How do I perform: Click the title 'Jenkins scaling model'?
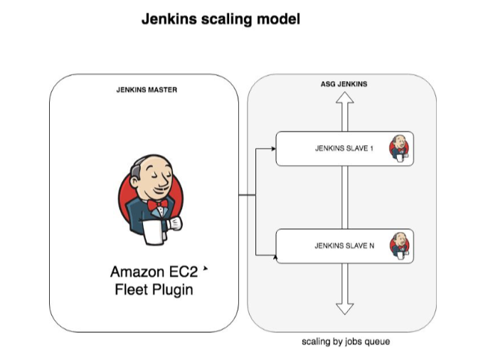[221, 19]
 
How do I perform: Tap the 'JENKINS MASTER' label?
[147, 90]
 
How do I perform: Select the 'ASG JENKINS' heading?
[344, 84]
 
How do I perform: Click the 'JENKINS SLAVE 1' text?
[344, 149]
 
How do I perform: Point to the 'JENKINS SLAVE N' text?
[344, 246]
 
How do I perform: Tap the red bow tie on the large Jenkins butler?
[159, 205]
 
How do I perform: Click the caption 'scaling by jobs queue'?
[346, 342]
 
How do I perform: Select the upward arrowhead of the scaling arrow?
[345, 101]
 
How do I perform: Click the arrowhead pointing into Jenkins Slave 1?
[272, 149]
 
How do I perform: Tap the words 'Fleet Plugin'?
[154, 290]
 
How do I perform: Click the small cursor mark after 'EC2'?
[206, 270]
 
